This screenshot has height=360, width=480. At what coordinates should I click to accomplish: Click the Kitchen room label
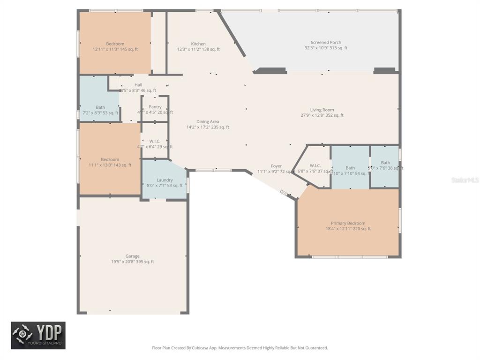tap(198, 44)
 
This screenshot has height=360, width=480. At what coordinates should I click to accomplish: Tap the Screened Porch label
tap(326, 42)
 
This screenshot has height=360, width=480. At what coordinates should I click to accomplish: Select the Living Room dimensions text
tap(322, 115)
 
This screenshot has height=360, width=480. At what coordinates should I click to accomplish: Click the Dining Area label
tap(208, 122)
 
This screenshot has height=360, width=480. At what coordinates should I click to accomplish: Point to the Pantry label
tap(155, 107)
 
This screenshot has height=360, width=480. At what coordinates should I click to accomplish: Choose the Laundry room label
tap(165, 180)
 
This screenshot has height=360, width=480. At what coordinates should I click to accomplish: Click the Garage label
tap(132, 256)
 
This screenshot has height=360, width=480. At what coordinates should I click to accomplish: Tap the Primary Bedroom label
tap(348, 224)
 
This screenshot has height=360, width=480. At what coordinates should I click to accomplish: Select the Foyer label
tap(276, 166)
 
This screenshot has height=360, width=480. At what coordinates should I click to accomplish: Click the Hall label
tap(138, 85)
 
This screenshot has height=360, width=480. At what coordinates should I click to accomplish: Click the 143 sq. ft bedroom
tap(110, 162)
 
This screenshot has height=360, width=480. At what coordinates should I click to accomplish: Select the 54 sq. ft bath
tap(350, 171)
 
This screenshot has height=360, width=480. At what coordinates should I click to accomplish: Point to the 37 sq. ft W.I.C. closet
tap(315, 168)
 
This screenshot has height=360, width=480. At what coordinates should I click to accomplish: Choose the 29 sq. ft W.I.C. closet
tap(155, 144)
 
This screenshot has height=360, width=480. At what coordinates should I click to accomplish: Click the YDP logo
tap(38, 335)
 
